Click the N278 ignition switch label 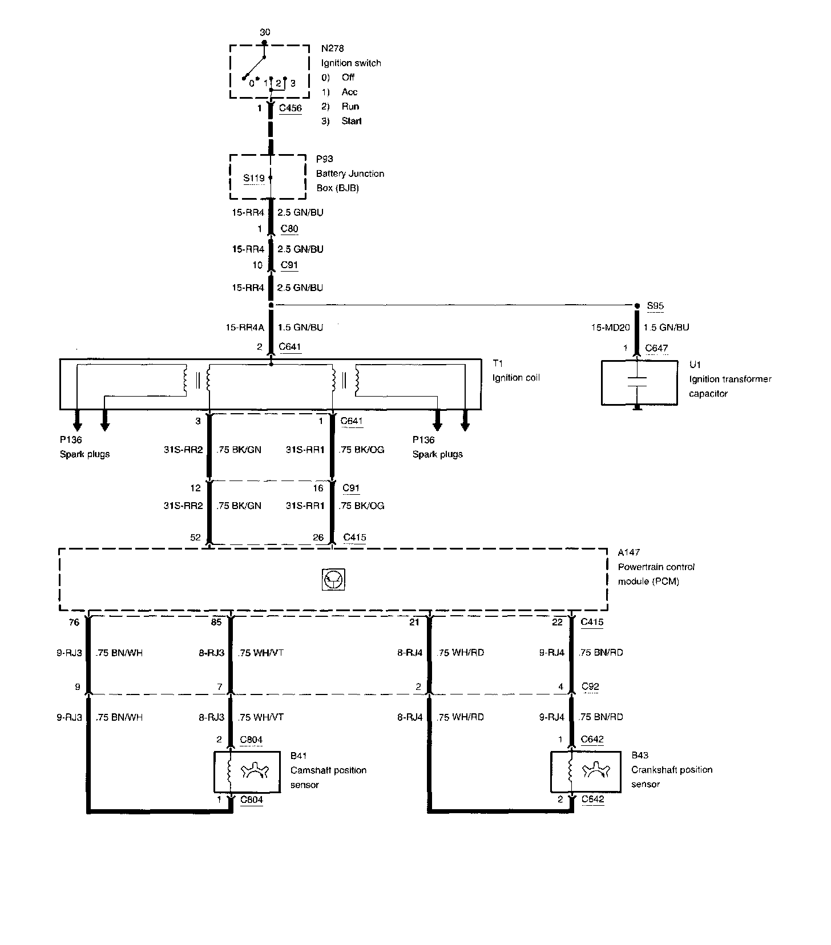click(x=332, y=49)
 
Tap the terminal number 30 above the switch click(x=264, y=33)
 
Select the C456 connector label click(x=290, y=108)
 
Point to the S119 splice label click(x=254, y=178)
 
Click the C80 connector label click(x=289, y=229)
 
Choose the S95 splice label click(x=655, y=306)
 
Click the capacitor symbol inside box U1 click(x=638, y=382)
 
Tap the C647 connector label click(x=656, y=348)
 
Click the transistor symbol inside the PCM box click(x=334, y=580)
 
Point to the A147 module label click(x=628, y=552)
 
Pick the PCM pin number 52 click(x=196, y=538)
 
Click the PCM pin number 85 click(x=216, y=623)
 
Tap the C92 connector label click(x=590, y=687)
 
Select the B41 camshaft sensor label click(x=298, y=756)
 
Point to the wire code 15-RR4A click(x=245, y=328)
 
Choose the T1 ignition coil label click(x=498, y=363)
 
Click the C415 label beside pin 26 click(x=354, y=538)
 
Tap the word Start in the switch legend click(x=352, y=121)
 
